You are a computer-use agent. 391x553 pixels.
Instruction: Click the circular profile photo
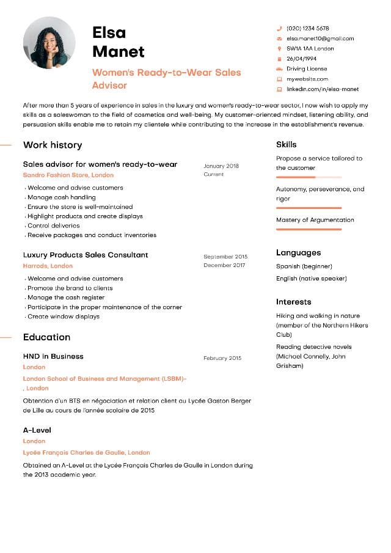coord(49,43)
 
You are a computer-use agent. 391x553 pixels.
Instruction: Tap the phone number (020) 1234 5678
coord(307,28)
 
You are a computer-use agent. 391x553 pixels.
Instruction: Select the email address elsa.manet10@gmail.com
coord(320,38)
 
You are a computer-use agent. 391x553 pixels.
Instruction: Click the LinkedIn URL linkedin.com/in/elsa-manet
coord(323,89)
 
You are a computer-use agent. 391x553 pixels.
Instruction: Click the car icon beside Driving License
coord(279,69)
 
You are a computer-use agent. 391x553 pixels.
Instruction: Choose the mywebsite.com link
coord(307,79)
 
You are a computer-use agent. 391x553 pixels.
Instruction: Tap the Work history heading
coord(53,145)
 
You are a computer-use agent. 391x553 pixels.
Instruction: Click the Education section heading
coord(46,337)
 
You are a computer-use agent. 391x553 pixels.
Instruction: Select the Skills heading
coord(286,145)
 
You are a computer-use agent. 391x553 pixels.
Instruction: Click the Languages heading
coord(298,252)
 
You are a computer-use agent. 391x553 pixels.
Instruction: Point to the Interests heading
coord(293,302)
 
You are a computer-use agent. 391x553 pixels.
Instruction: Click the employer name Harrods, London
coord(48,266)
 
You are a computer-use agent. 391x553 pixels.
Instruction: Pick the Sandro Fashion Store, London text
coord(68,175)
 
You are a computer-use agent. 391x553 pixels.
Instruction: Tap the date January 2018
coord(221,166)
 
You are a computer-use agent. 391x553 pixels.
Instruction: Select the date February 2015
coord(222,358)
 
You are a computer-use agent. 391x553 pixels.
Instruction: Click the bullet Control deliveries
coord(55,225)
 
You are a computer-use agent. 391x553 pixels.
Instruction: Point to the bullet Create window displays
coord(64,317)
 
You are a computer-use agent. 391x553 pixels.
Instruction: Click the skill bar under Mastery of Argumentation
coord(309,229)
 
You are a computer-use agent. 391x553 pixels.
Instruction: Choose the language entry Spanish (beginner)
coord(304,266)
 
